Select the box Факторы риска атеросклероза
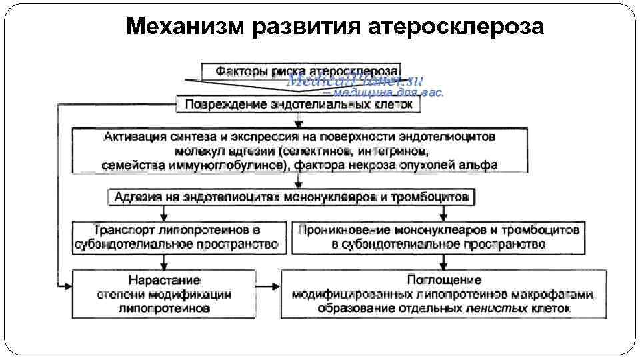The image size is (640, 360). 301,70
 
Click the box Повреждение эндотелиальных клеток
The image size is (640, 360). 298,104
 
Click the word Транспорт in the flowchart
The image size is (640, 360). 123,230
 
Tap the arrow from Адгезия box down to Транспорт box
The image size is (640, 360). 164,213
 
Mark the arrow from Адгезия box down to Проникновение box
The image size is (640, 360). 444,213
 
